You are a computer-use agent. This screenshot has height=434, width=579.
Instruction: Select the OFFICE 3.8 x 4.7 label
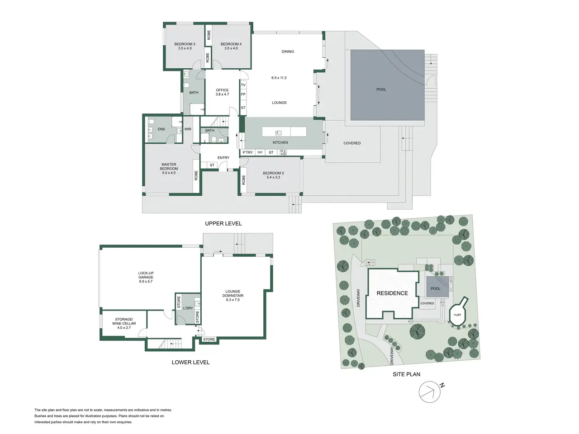point(222,92)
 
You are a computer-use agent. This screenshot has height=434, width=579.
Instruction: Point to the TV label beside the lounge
point(243,85)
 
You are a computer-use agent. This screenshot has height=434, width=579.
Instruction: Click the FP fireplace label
point(243,94)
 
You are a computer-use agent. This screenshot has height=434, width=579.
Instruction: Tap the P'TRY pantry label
point(248,152)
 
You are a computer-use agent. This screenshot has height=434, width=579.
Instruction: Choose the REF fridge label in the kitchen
point(260,152)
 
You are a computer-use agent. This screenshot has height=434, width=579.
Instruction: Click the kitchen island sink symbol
point(278,133)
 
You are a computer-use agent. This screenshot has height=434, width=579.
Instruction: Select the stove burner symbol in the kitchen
point(283,152)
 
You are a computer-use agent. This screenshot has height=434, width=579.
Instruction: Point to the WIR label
point(188,129)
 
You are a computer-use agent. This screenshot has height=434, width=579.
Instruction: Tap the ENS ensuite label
point(161,129)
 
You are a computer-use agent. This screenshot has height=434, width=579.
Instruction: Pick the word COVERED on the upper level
point(352,143)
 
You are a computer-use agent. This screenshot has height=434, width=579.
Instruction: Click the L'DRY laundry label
point(188,308)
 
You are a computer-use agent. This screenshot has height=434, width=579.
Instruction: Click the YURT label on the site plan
point(457,315)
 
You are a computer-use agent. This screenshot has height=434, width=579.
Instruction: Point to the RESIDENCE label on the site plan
point(392,293)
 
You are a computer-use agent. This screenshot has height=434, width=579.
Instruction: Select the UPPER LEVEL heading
point(223,223)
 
